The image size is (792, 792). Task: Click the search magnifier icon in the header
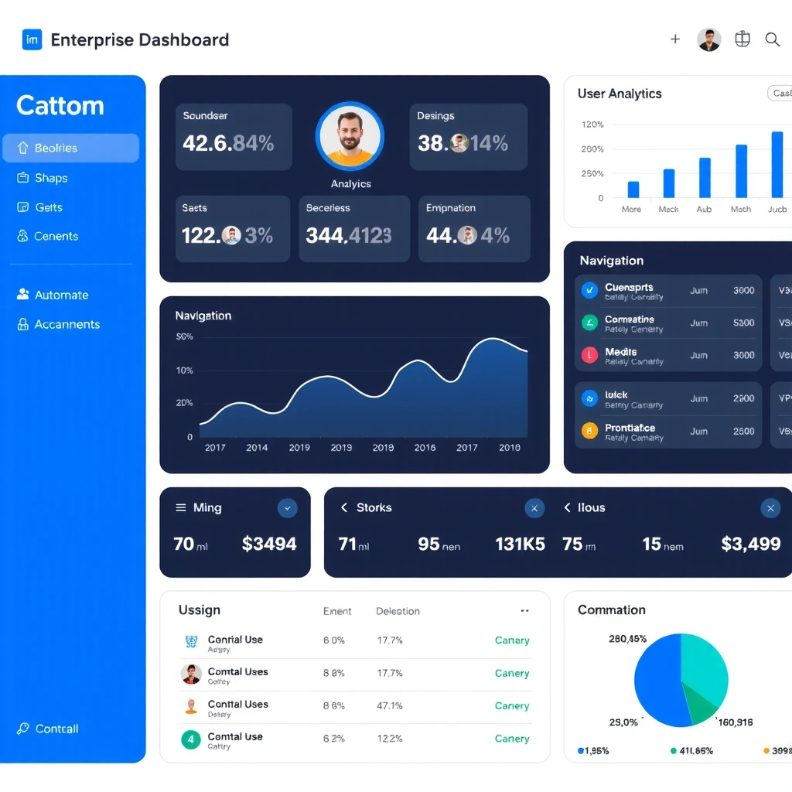coord(772,39)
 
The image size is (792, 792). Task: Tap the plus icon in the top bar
coord(675,39)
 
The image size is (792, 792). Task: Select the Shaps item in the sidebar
coord(51,178)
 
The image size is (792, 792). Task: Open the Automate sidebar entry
coord(61,295)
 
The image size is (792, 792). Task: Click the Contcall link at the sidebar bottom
coord(56,729)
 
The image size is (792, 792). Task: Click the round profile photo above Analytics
coord(350,137)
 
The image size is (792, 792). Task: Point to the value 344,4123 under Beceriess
coord(348,235)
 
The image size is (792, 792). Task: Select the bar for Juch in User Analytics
coord(777,165)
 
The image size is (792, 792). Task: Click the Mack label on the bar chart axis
coord(668,210)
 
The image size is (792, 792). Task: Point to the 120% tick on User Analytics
coord(592,125)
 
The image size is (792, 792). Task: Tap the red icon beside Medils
coord(589,355)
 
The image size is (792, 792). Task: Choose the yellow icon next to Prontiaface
coord(589,431)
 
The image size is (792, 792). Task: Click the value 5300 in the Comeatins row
coord(743,323)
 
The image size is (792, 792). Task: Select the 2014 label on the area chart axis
coord(257,447)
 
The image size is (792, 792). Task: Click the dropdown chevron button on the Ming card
coord(287,508)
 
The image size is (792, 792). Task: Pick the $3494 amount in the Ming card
coord(269,544)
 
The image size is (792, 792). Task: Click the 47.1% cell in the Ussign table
coord(389,705)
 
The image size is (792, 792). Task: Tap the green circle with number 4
coord(190,739)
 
